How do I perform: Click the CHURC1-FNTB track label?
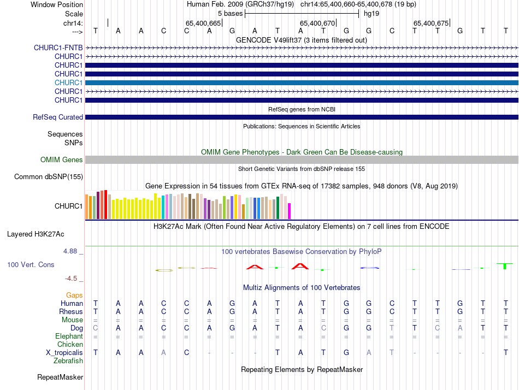(58, 48)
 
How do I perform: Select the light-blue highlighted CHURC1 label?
(68, 82)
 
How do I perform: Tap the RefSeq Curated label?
(58, 117)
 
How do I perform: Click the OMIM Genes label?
(62, 160)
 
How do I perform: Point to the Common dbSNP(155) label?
(49, 176)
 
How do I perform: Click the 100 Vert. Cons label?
(31, 264)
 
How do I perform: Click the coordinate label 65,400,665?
(203, 23)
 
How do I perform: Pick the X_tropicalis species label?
(64, 352)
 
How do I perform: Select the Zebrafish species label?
(68, 361)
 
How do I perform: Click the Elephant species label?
(69, 336)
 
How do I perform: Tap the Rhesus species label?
(71, 311)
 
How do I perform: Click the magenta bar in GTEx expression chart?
(290, 211)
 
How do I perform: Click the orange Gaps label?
(74, 295)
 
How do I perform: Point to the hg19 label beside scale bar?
(371, 13)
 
